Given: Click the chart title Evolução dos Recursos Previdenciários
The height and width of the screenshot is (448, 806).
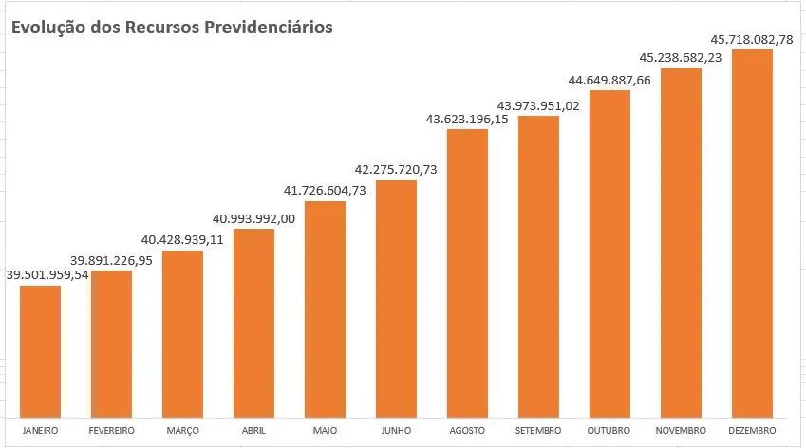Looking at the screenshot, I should (172, 28).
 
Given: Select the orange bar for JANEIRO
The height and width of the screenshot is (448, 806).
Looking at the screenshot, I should (40, 351).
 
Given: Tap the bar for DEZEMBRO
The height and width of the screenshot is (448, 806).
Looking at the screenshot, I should (752, 233).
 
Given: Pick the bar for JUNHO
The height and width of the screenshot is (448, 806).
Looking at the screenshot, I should (396, 298).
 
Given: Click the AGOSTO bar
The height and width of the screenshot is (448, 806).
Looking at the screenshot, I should (467, 272).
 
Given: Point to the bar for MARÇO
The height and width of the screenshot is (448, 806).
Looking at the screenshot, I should (182, 333).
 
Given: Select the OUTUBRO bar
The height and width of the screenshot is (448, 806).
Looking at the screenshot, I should (609, 253).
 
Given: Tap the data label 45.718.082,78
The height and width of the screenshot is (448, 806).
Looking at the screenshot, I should (752, 40).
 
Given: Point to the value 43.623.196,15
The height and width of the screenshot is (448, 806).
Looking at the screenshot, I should (467, 120).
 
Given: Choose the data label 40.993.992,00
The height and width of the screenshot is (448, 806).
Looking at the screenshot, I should (253, 219).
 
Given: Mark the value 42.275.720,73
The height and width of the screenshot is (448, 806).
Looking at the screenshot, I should (396, 170).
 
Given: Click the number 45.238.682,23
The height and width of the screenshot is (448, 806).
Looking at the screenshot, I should (681, 58).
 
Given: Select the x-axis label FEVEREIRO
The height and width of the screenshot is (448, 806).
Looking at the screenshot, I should (111, 431).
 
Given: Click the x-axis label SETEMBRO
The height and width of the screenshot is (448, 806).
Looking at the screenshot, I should (538, 431).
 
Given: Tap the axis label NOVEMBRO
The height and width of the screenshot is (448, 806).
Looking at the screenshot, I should (681, 431).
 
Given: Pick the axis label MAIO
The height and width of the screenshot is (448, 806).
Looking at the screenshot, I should (325, 431).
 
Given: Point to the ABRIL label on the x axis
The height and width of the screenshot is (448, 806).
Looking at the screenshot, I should (253, 431).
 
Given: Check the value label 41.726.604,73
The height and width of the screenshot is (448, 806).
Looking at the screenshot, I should (325, 191).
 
